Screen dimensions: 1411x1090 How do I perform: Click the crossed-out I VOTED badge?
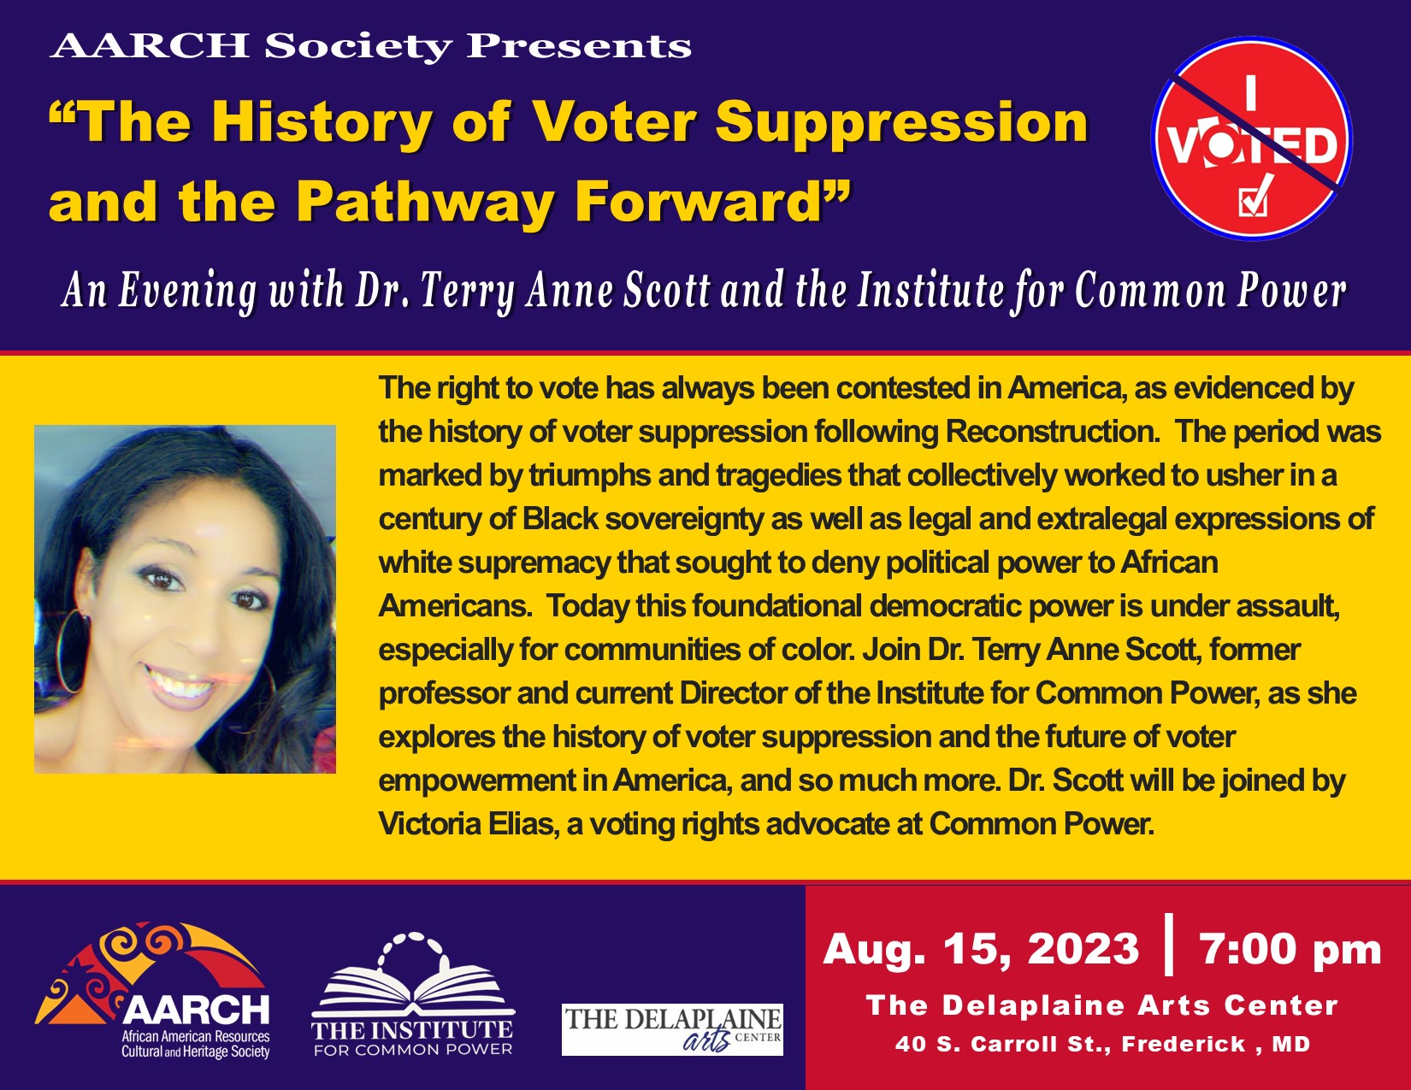click(1251, 138)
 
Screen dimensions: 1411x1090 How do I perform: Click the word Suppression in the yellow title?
click(902, 122)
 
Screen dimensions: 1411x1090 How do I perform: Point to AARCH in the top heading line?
click(150, 46)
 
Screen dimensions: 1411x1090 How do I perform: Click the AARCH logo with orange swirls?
click(153, 990)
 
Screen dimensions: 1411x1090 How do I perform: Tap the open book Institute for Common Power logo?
click(412, 994)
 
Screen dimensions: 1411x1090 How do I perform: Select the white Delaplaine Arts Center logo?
click(672, 1029)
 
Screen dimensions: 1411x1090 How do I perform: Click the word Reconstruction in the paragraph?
click(1052, 431)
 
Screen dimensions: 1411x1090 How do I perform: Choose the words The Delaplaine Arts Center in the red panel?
click(1102, 1005)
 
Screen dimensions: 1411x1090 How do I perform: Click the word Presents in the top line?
click(579, 46)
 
